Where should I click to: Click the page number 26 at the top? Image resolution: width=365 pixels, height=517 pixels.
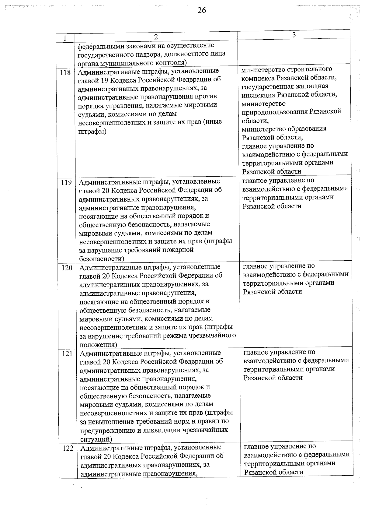201,10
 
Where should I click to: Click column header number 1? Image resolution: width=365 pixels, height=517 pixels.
65,38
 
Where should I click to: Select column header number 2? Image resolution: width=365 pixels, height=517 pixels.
156,37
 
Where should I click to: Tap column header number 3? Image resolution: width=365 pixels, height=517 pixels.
294,35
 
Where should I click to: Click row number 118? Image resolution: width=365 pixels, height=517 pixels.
65,72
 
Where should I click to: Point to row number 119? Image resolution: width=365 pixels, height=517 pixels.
66,182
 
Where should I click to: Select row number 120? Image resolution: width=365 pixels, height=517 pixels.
67,268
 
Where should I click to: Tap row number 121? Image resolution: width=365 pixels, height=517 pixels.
67,353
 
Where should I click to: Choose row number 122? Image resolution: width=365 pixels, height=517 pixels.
68,448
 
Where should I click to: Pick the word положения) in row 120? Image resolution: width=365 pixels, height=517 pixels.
98,345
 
